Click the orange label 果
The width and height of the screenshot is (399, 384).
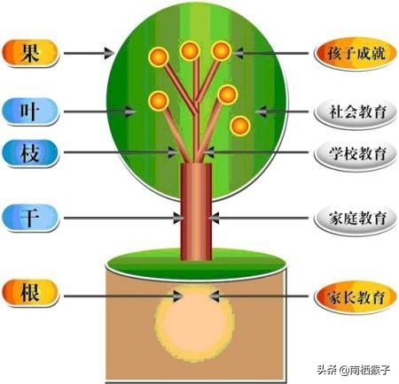pyautogui.click(x=30, y=53)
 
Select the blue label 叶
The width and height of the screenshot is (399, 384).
pyautogui.click(x=30, y=111)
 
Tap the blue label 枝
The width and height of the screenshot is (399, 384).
pyautogui.click(x=30, y=153)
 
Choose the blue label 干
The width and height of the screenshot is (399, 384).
pyautogui.click(x=30, y=218)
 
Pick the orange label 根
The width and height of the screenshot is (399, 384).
pyautogui.click(x=30, y=293)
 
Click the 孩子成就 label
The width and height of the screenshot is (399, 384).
pyautogui.click(x=356, y=54)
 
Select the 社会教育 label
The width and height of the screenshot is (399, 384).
pyautogui.click(x=356, y=111)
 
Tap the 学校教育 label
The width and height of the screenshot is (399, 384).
pyautogui.click(x=356, y=154)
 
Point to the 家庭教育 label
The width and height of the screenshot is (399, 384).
pyautogui.click(x=356, y=219)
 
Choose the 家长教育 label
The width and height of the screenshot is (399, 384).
pyautogui.click(x=356, y=296)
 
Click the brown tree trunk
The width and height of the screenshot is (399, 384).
pyautogui.click(x=196, y=211)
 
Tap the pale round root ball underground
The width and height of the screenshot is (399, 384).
pyautogui.click(x=195, y=323)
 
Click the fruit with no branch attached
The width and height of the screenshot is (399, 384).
pyautogui.click(x=240, y=126)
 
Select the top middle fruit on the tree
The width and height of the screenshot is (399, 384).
pyautogui.click(x=190, y=51)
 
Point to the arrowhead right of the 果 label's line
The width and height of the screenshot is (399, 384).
pyautogui.click(x=109, y=53)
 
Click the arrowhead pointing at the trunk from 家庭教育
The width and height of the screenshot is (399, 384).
pyautogui.click(x=214, y=219)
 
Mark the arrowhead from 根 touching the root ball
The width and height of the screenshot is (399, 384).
pyautogui.click(x=178, y=296)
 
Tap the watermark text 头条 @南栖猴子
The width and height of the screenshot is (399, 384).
pyautogui.click(x=354, y=370)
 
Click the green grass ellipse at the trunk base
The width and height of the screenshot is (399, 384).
pyautogui.click(x=196, y=264)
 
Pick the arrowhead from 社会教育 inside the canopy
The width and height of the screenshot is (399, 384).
pyautogui.click(x=261, y=111)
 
